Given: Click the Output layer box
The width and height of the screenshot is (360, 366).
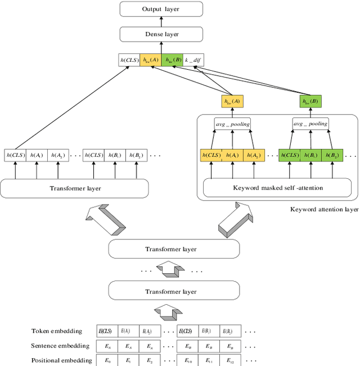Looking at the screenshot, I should pyautogui.click(x=160, y=8).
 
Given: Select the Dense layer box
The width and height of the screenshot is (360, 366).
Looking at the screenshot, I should pyautogui.click(x=160, y=35).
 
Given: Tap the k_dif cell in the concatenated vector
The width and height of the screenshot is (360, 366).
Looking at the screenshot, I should pyautogui.click(x=193, y=60).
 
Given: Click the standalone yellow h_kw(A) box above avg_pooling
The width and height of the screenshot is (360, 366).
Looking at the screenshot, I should pyautogui.click(x=232, y=101).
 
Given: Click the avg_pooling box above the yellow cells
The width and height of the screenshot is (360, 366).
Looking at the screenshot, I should pyautogui.click(x=232, y=124).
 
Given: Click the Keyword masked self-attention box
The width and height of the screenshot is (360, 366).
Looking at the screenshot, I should pyautogui.click(x=277, y=188).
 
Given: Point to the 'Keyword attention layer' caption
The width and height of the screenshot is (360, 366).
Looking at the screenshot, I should pyautogui.click(x=324, y=209).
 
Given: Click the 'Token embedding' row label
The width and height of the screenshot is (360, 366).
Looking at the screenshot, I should pyautogui.click(x=56, y=331).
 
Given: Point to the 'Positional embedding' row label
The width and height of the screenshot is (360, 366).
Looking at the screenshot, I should pyautogui.click(x=61, y=360).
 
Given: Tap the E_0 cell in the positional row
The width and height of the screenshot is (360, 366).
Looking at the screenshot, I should pyautogui.click(x=106, y=360).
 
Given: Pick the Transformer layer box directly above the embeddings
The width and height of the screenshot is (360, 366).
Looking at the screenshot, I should pyautogui.click(x=170, y=291).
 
